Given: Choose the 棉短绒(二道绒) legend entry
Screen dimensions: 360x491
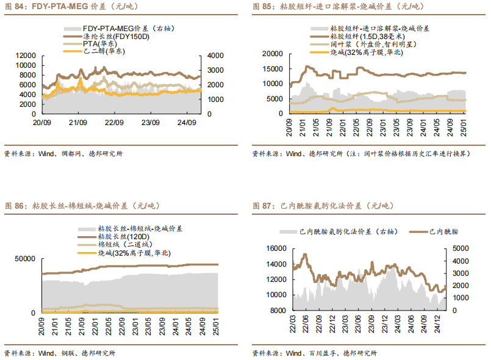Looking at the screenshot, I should [x=122, y=245].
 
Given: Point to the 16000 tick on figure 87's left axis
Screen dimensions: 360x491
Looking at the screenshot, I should [x=278, y=249].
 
